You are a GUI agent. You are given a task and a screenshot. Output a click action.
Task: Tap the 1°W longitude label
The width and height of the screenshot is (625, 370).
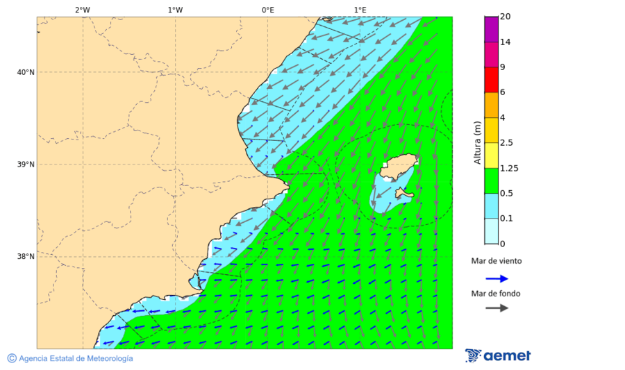click(x=175, y=10)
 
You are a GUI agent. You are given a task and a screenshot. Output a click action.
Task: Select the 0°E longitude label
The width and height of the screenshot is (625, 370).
click(x=267, y=10)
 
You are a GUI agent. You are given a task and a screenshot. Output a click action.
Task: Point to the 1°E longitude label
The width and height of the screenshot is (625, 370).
click(x=360, y=10)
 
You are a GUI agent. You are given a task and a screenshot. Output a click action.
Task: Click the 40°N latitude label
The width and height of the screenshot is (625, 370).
click(x=25, y=72)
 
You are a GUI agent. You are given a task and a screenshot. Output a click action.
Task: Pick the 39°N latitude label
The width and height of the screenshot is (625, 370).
click(x=25, y=165)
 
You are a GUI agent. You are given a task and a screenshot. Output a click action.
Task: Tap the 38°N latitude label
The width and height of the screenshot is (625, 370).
click(x=25, y=257)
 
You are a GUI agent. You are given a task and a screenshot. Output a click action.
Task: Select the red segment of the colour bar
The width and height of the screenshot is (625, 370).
click(x=492, y=79)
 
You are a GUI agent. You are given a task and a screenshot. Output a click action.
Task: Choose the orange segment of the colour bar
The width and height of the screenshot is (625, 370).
click(x=492, y=105)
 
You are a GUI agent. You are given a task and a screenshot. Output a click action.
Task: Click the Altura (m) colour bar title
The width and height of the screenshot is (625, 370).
click(x=477, y=142)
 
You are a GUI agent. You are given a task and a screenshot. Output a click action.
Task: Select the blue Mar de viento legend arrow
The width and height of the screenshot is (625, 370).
click(x=497, y=278)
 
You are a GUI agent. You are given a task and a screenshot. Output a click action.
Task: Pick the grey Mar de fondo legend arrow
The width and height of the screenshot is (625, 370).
click(x=497, y=308)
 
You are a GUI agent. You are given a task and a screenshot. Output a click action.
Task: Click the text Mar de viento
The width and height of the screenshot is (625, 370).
click(x=496, y=261)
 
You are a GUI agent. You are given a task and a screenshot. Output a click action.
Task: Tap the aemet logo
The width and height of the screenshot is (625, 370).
click(x=498, y=355)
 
